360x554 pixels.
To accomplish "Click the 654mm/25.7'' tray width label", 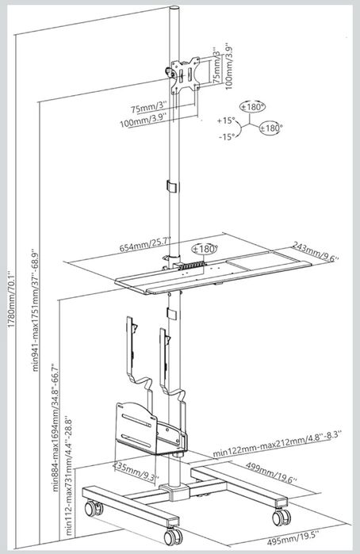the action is point(145,244).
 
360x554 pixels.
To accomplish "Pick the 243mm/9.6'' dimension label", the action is point(316,251).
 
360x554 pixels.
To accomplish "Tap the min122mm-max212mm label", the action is point(277,443).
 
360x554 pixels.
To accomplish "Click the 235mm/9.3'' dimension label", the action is point(135,472).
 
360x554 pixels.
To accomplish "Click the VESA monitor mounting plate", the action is point(184,75).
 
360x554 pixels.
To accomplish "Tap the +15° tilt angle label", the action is point(226,120).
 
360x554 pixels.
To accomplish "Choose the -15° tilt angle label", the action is point(227,137).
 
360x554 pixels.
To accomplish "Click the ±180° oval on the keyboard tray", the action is point(204,249).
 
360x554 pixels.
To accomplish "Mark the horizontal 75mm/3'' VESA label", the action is point(148,108).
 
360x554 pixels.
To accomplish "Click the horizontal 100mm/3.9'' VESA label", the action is point(144,120).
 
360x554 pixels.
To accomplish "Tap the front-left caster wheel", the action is point(94,509).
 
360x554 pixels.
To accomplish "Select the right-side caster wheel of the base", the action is point(281,518).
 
